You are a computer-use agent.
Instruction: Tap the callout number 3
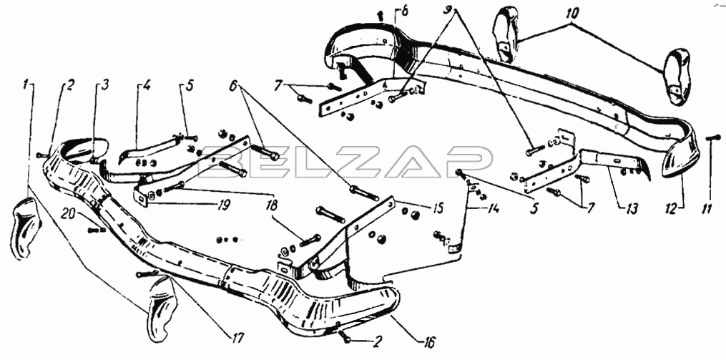click(x=105, y=84)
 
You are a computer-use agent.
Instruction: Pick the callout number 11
click(x=705, y=209)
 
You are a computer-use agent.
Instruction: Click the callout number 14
click(x=492, y=210)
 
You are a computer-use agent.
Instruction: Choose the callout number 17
click(x=238, y=337)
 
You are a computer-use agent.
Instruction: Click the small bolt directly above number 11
click(x=713, y=137)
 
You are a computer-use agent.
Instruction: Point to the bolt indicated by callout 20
click(x=96, y=229)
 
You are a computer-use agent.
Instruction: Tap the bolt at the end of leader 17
click(x=148, y=274)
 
